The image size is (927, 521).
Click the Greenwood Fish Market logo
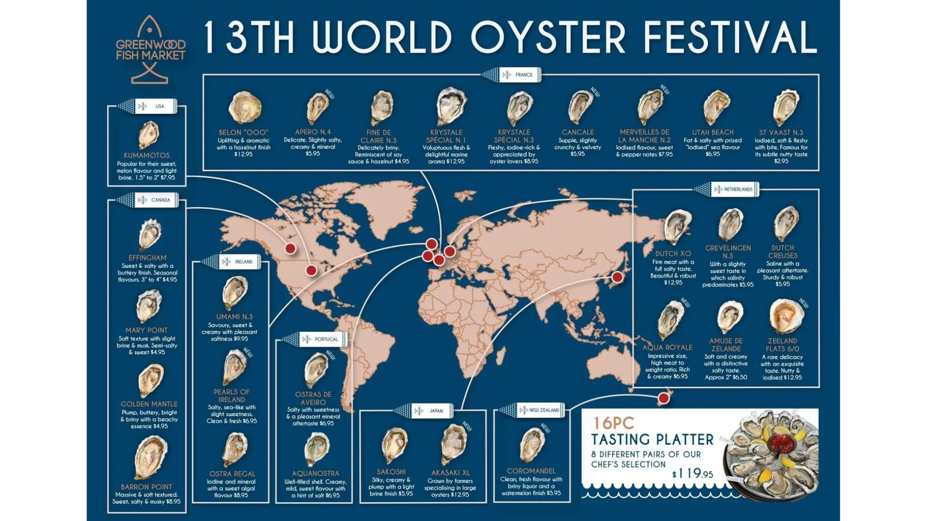(150, 49)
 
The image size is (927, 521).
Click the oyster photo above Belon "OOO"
(244, 107)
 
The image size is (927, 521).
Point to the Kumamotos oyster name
(147, 155)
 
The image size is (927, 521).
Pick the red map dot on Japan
(617, 277)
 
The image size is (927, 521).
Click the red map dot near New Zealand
(664, 398)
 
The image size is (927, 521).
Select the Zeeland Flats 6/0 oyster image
(786, 316)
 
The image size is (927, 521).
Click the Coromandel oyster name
(531, 471)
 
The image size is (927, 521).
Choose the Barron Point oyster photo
(150, 458)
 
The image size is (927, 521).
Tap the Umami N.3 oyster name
(234, 317)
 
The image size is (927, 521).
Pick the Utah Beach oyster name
(713, 132)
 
